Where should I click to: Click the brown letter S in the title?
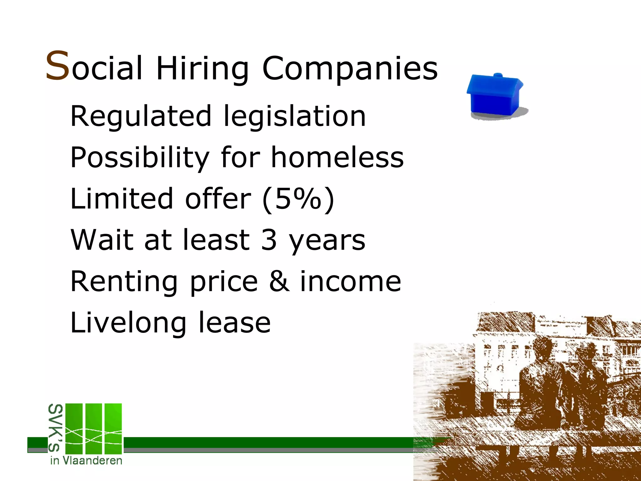point(57,66)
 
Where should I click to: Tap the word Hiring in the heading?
point(202,69)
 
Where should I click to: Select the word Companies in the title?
point(350,69)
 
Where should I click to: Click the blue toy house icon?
point(495,96)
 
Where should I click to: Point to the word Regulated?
point(141,116)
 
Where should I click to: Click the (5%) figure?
point(298,199)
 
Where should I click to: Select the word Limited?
point(121,199)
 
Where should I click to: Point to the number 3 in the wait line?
point(269,240)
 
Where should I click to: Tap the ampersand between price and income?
point(279,282)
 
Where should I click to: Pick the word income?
point(350,282)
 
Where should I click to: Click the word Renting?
point(124,282)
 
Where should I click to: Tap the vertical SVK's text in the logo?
point(56,428)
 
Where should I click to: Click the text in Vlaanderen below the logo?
point(86,461)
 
